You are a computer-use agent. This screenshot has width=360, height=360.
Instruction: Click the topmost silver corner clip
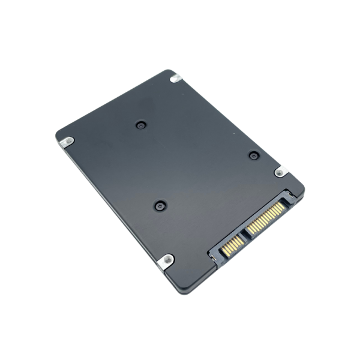[175, 78]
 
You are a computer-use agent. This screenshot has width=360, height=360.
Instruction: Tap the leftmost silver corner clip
[67, 142]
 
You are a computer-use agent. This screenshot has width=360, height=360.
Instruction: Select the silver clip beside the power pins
[280, 172]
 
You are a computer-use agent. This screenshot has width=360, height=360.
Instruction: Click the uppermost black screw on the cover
[141, 125]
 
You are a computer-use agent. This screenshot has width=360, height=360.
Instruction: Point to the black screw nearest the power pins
[253, 155]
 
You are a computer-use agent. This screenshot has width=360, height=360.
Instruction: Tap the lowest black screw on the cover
[160, 206]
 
